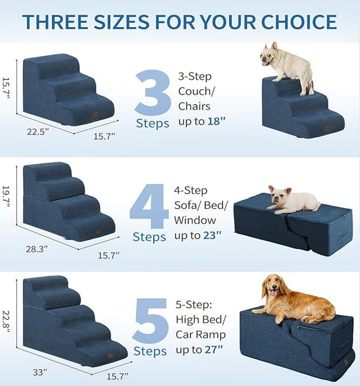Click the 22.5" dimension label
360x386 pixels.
[38, 132]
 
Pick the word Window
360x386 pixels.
[195, 220]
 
